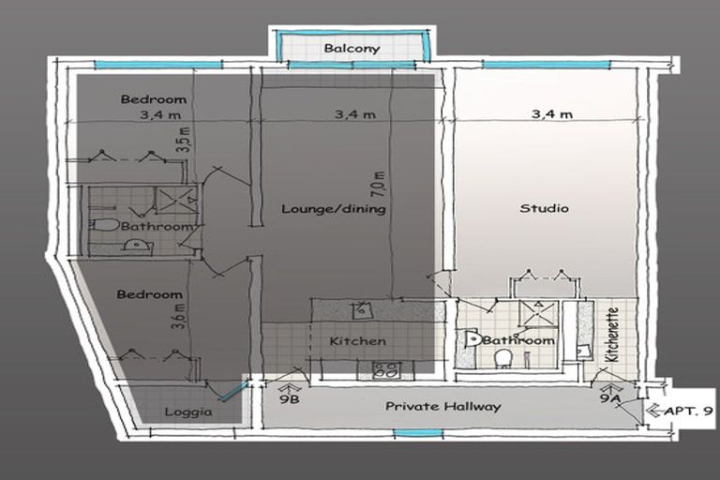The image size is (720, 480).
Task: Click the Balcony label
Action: coord(352,48)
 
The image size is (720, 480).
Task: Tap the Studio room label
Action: coord(544,208)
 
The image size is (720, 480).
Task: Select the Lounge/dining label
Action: coord(334,209)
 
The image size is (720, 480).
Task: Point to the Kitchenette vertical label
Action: coord(612,335)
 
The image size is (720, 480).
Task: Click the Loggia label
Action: coord(188,412)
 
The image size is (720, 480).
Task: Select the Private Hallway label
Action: coord(442,407)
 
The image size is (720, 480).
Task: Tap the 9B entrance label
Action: coord(290,399)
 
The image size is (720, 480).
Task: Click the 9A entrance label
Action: coord(610,397)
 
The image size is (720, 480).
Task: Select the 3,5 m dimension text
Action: coord(185,140)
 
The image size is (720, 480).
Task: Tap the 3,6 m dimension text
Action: coord(179,316)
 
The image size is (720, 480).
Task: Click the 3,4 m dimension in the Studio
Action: coord(552,114)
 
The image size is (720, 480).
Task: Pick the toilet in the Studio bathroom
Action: coord(503,358)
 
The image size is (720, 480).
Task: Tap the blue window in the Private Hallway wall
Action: coord(418,433)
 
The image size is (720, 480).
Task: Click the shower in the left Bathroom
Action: coord(176,200)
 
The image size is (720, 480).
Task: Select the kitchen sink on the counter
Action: coord(362,311)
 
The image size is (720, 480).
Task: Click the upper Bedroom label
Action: coord(154,99)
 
